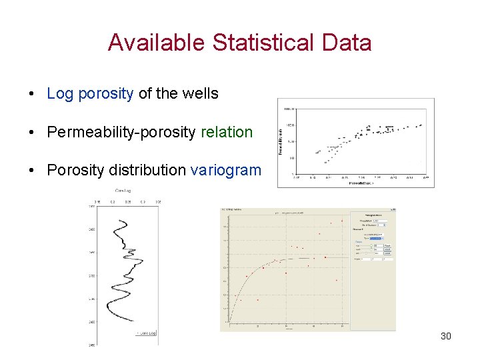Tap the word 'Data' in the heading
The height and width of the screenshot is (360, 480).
[x=349, y=43]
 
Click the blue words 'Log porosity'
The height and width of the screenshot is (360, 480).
[x=90, y=93]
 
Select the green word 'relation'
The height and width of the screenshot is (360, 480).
[x=227, y=132]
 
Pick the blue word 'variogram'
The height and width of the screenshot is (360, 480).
[x=226, y=170]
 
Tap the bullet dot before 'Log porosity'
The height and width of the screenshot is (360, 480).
[x=32, y=94]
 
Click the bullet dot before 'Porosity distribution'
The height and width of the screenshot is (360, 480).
[x=32, y=171]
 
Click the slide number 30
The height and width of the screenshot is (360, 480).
[x=446, y=336]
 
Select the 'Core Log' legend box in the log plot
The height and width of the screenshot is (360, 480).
[x=145, y=331]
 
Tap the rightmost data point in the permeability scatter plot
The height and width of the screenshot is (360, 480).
[x=421, y=125]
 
